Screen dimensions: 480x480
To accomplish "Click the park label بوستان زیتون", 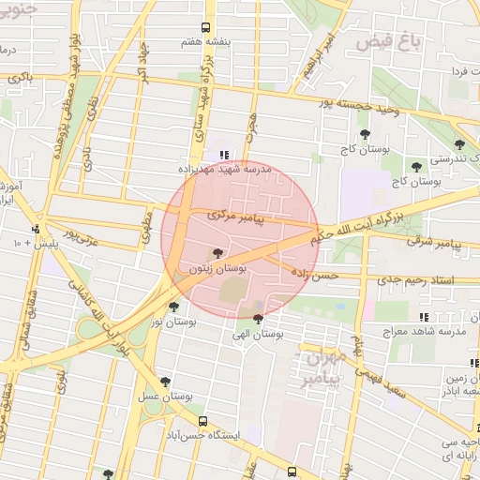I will (217, 268).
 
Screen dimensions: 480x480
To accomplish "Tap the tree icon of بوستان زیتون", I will (217, 253).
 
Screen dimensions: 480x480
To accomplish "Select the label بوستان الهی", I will (259, 334).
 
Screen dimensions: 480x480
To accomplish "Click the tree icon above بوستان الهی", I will (259, 320).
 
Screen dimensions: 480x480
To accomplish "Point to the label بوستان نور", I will (173, 322).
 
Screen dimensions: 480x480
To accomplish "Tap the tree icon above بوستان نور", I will (173, 307).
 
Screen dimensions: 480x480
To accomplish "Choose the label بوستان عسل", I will (166, 397).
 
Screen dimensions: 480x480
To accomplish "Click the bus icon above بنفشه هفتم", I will (205, 28).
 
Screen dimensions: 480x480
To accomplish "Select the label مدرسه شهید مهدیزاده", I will (225, 170).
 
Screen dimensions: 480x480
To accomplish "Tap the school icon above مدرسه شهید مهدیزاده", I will (223, 155).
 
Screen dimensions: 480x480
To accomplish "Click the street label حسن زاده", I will (313, 275).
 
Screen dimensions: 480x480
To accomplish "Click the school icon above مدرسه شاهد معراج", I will (424, 317).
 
